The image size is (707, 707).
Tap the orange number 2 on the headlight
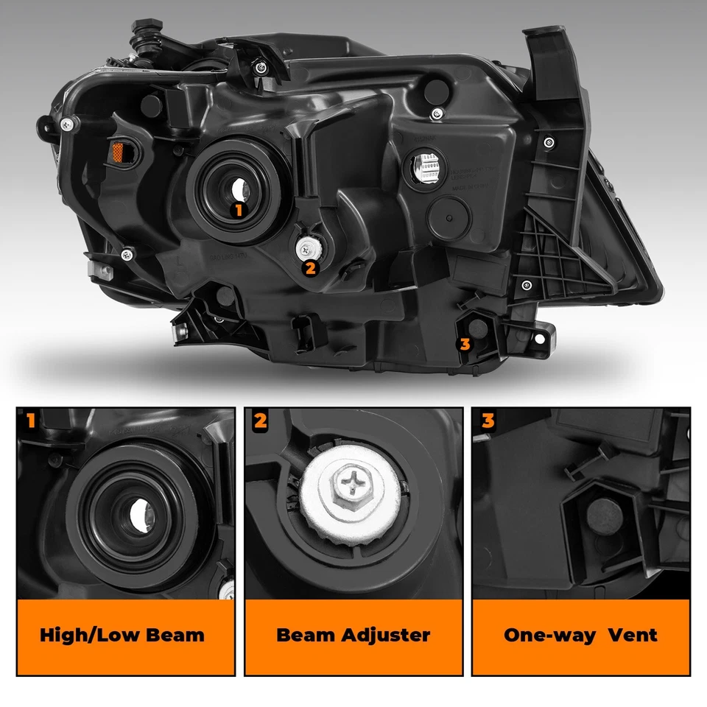tap(310, 268)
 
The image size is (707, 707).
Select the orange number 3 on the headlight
tap(464, 343)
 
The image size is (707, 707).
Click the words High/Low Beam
tap(122, 635)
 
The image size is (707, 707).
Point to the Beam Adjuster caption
tap(353, 635)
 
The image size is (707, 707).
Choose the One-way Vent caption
tap(580, 635)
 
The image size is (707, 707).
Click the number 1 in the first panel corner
tap(30, 421)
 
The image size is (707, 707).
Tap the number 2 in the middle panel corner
tap(259, 421)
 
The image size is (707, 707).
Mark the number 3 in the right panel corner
tap(488, 421)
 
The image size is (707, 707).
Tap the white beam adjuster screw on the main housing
tap(306, 247)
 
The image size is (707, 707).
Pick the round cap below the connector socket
tap(446, 213)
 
